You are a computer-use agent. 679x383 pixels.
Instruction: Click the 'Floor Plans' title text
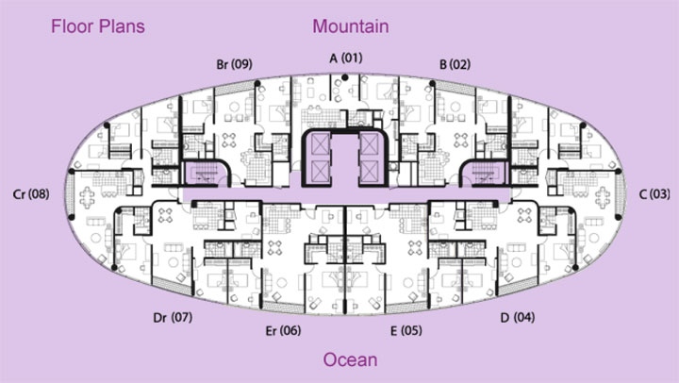click(98, 26)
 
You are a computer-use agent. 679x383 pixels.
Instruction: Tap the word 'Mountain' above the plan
click(351, 26)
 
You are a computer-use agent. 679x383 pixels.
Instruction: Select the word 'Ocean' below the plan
click(350, 359)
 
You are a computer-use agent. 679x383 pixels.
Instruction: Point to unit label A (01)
click(346, 58)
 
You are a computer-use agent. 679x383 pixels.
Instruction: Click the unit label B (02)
click(455, 64)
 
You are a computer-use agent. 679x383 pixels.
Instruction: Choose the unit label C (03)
click(654, 194)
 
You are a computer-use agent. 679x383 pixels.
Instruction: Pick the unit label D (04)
click(518, 318)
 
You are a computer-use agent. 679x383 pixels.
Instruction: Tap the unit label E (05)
click(406, 330)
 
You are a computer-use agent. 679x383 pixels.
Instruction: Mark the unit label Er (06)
click(283, 330)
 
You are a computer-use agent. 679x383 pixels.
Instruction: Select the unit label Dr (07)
click(173, 318)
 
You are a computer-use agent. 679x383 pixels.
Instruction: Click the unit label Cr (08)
click(31, 194)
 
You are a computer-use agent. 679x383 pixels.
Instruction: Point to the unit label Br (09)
click(234, 64)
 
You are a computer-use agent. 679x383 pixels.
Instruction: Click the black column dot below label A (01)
click(345, 77)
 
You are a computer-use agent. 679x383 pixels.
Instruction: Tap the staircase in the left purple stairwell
click(203, 173)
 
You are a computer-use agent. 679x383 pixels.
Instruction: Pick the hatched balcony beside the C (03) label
click(621, 194)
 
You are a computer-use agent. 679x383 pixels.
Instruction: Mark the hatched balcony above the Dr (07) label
click(172, 286)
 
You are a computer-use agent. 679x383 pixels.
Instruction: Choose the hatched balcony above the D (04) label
click(518, 286)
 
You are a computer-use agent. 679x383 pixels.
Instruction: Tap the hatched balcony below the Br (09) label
click(234, 89)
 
